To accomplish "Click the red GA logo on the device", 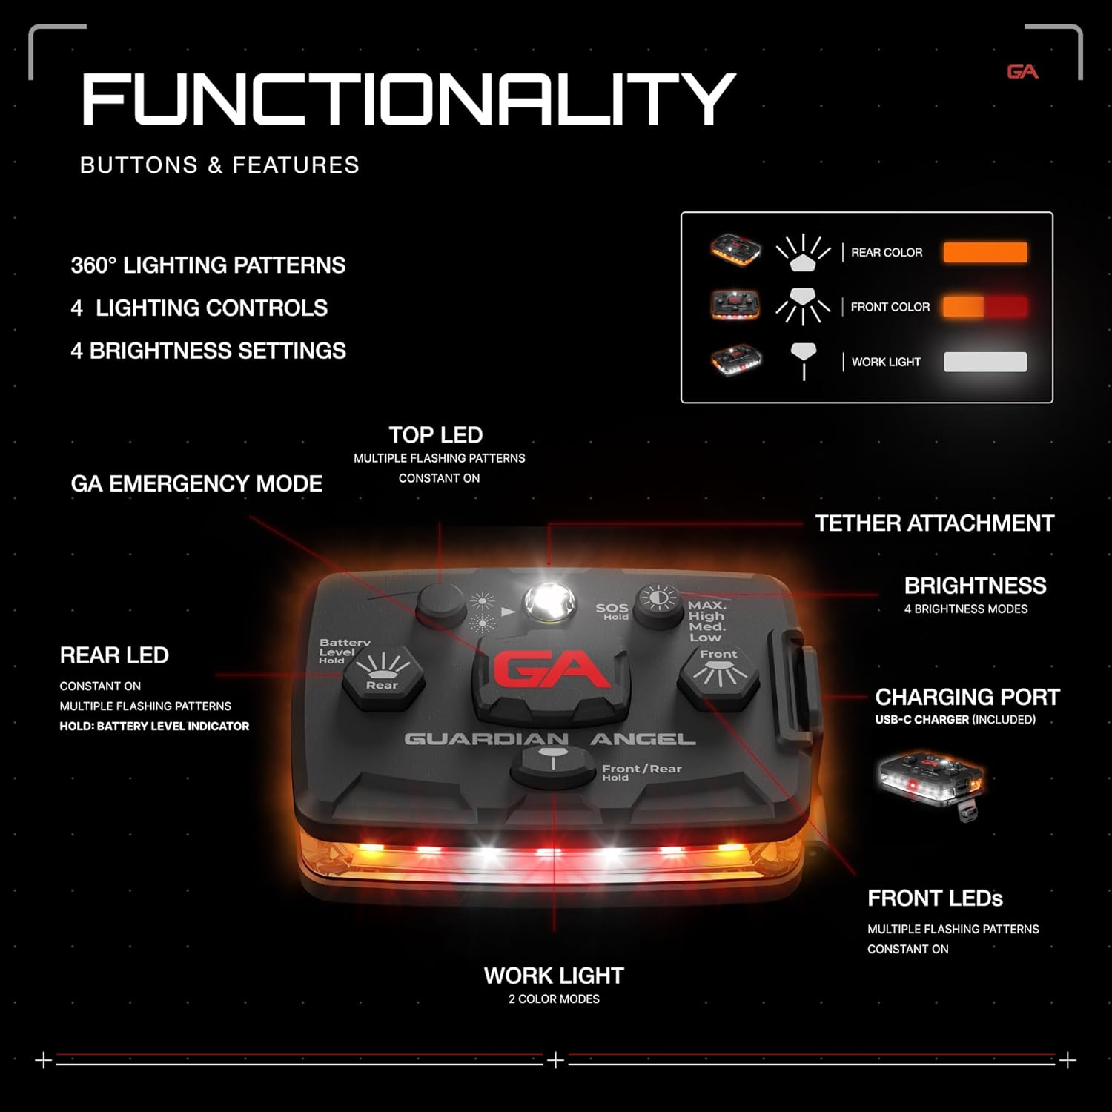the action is (552, 670).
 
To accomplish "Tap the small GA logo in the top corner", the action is (1022, 72).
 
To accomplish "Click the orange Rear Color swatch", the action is (984, 252).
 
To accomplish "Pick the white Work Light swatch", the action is (984, 362).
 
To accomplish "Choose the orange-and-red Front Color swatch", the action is (984, 307).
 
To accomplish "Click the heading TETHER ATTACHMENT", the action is (934, 523).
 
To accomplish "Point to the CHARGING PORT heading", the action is (967, 697).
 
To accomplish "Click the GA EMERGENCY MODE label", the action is (196, 484).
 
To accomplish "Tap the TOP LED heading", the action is (436, 435).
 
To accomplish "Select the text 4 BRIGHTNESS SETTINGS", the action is (208, 351).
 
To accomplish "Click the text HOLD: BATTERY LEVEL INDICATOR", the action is (154, 727).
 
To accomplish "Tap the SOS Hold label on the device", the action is (612, 611).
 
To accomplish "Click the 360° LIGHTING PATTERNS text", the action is (208, 265).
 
